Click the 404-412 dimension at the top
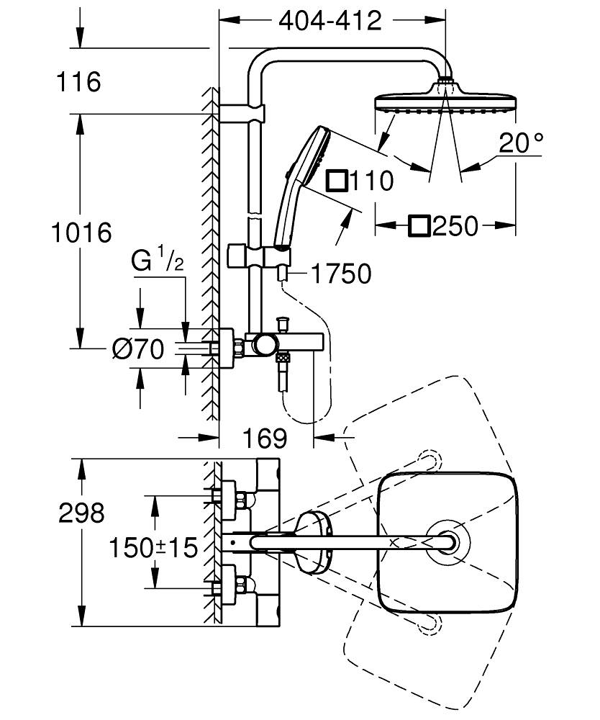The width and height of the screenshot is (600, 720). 330,21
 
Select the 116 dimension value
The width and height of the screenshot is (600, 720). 79,82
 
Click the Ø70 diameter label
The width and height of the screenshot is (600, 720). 139,349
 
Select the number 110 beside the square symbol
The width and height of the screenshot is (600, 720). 371,181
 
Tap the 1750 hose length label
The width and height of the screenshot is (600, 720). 341,274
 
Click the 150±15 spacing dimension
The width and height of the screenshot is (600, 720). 153,548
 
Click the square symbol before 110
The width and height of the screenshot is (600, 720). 336,180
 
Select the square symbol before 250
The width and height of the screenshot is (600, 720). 419,226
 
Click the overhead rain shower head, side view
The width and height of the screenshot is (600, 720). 445,101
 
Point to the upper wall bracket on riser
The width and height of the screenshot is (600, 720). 242,113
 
